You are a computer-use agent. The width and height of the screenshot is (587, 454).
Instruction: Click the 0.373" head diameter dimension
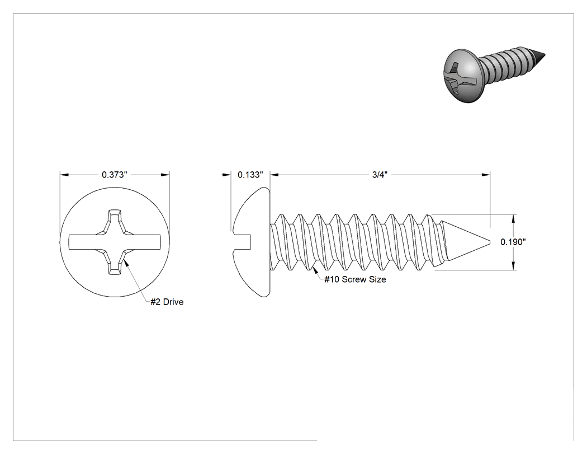[115, 175]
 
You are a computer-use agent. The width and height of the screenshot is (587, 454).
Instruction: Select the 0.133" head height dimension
[250, 175]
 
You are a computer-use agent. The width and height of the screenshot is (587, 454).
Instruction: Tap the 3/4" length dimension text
[380, 175]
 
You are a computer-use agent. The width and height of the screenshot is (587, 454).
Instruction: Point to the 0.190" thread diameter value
[513, 242]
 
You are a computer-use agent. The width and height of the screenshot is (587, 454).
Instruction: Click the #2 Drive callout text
[167, 302]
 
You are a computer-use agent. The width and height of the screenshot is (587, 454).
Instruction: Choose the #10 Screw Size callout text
[355, 279]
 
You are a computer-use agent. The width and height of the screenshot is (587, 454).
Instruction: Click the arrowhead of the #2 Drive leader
[126, 263]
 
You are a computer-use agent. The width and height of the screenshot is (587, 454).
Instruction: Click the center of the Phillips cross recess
[115, 242]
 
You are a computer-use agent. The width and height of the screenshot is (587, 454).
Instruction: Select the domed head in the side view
[251, 242]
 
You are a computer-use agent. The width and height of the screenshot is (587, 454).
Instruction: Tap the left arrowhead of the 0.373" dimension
[64, 175]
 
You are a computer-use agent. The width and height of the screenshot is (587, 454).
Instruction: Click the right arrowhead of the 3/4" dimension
[486, 175]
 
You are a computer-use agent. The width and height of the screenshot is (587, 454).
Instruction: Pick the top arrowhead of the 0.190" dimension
[513, 219]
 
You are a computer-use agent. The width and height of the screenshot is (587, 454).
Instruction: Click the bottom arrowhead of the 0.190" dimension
[513, 265]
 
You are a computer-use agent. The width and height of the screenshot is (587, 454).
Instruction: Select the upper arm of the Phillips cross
[115, 221]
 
